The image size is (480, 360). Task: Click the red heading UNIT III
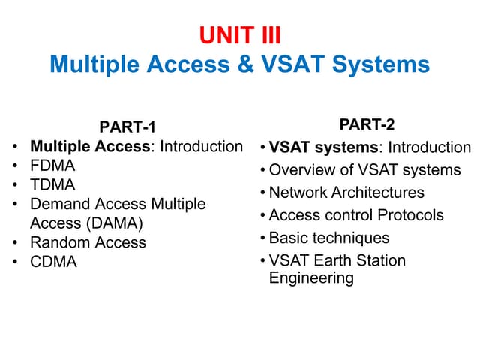tap(239, 35)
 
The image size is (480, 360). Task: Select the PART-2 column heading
tap(367, 124)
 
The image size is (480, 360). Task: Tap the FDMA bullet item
tap(52, 165)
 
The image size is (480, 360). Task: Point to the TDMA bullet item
tap(52, 184)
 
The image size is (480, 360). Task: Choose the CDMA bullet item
tap(53, 262)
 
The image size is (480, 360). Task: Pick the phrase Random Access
tap(88, 243)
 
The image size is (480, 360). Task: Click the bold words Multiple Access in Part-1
tap(90, 146)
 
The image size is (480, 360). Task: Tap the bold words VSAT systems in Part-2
tap(324, 148)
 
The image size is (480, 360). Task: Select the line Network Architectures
tap(346, 193)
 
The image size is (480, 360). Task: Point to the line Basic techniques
tap(329, 238)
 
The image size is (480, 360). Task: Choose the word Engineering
tap(311, 278)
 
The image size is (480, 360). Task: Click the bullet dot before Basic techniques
tap(262, 238)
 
